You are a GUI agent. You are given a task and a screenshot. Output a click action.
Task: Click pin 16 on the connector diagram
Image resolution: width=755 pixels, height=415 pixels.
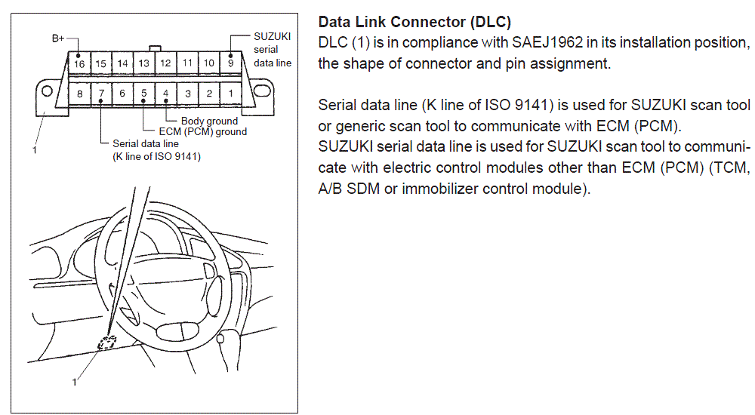coord(79,63)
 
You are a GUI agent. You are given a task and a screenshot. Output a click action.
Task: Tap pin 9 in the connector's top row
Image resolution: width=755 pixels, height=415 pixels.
coord(230,63)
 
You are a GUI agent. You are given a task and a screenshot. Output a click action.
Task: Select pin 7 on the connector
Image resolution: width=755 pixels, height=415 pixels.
coord(101,94)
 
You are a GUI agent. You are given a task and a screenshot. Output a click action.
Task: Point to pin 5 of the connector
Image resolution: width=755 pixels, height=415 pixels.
coord(144,94)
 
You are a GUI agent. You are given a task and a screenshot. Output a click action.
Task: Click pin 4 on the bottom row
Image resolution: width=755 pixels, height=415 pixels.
coord(165,94)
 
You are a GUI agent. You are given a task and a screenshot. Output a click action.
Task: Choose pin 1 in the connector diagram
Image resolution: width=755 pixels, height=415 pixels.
coord(230,94)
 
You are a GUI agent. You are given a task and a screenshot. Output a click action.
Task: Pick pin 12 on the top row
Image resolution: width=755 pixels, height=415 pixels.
coord(165,63)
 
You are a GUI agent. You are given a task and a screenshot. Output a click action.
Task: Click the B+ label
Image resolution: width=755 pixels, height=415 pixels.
coord(58,38)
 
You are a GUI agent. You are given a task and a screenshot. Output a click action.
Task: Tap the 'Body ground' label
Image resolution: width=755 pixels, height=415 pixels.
coord(209,121)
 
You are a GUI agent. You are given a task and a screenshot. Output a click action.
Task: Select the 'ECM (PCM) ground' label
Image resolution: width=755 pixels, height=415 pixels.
coord(202,131)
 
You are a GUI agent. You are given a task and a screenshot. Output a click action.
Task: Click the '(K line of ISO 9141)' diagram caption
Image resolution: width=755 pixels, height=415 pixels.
coord(156,156)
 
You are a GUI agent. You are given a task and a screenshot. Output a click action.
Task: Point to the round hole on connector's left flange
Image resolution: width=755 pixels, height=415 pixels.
coord(47,91)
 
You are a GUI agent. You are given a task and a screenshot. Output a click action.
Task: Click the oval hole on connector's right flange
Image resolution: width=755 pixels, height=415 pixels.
coord(262,91)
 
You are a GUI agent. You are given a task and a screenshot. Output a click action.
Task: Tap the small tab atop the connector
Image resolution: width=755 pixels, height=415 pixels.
coord(155,48)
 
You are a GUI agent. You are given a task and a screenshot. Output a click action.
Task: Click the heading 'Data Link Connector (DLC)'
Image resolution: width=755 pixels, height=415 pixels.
coord(414,22)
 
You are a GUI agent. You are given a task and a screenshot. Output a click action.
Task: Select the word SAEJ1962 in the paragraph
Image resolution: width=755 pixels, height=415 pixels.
coord(547,42)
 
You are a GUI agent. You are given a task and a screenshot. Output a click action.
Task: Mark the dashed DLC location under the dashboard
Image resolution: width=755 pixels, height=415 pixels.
coord(107,343)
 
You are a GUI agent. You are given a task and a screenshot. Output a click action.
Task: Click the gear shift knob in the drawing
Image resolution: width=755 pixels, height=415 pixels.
coord(220,338)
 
